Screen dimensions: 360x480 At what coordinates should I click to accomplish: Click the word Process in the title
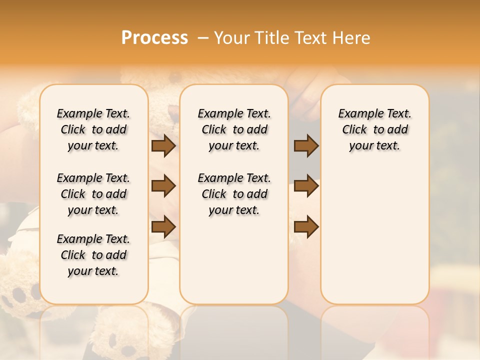154,37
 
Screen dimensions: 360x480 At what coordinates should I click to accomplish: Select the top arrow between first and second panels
163,146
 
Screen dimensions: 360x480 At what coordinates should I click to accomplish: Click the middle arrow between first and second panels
163,186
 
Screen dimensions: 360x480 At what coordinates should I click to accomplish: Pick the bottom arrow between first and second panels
163,226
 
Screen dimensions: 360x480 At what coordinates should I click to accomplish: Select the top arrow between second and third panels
306,146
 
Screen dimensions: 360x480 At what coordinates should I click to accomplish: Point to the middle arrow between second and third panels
306,186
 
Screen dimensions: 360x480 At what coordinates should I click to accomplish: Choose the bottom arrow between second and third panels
306,226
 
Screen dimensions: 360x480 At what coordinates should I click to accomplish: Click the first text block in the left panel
93,129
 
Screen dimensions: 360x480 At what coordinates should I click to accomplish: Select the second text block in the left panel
93,194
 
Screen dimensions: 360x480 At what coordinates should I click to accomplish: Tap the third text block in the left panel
93,255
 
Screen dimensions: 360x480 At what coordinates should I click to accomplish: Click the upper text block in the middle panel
234,129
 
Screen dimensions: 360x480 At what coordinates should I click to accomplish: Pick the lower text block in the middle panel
234,194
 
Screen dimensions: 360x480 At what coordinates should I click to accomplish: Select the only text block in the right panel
374,129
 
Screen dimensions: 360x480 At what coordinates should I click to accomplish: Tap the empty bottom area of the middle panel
234,265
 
